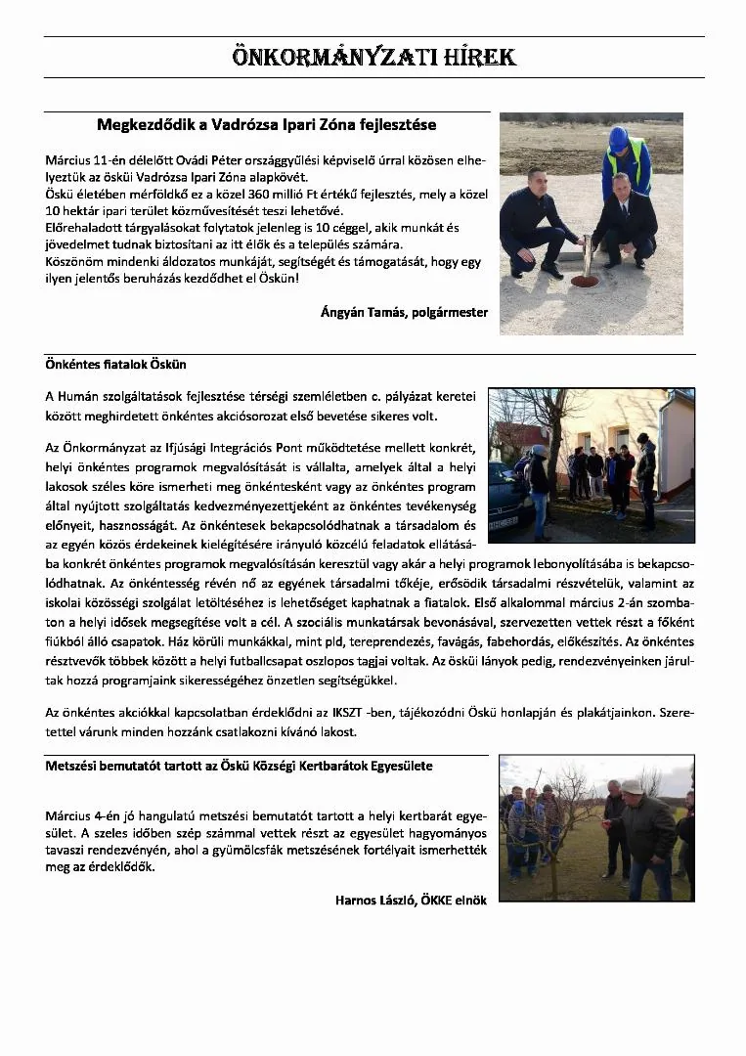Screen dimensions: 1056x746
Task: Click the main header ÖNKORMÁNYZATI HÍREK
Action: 373,57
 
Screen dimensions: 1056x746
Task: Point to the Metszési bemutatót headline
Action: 239,766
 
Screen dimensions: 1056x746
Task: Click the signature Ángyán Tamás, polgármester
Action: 404,312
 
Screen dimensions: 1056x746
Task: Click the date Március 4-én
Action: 79,815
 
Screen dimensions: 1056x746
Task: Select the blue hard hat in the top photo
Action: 618,138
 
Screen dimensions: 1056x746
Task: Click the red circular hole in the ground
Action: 584,281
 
